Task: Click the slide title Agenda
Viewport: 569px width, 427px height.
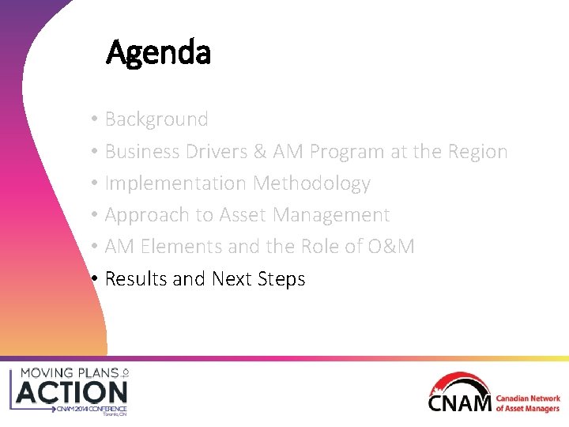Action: tap(158, 53)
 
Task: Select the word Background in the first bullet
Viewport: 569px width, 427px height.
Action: tap(156, 119)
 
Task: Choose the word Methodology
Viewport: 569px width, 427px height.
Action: tap(311, 183)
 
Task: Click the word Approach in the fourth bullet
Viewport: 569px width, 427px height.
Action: tap(144, 215)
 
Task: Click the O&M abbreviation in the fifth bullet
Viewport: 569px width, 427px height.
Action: tap(390, 247)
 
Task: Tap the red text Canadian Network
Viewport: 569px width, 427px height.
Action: tap(528, 399)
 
